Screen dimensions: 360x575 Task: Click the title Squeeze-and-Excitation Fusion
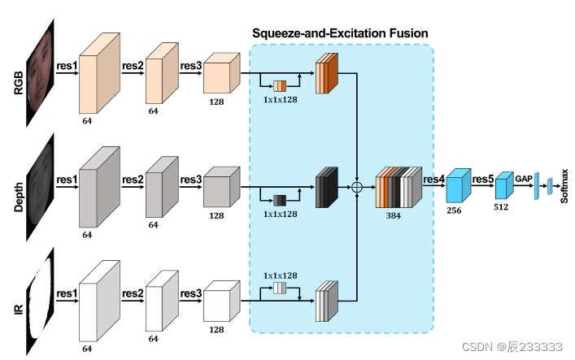(x=340, y=33)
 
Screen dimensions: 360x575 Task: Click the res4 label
(x=433, y=178)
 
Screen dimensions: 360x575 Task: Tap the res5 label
(x=483, y=178)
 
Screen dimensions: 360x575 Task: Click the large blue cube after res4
(x=458, y=185)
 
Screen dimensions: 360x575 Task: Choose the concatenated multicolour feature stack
(x=398, y=188)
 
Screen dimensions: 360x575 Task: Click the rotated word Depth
(x=20, y=194)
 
